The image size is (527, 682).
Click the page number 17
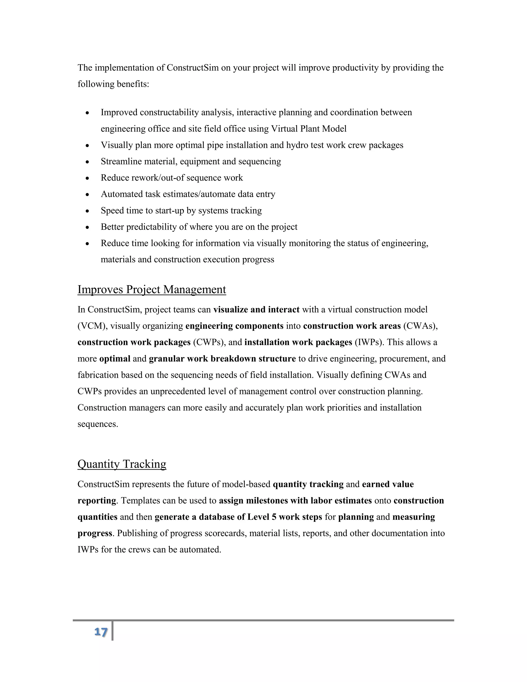[x=101, y=632]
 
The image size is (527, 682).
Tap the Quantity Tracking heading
[x=122, y=464]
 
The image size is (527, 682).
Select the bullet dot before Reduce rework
[x=87, y=178]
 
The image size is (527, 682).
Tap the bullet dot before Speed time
[x=87, y=211]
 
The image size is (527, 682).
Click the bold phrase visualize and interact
[x=256, y=310]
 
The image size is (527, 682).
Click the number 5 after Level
[x=274, y=517]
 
